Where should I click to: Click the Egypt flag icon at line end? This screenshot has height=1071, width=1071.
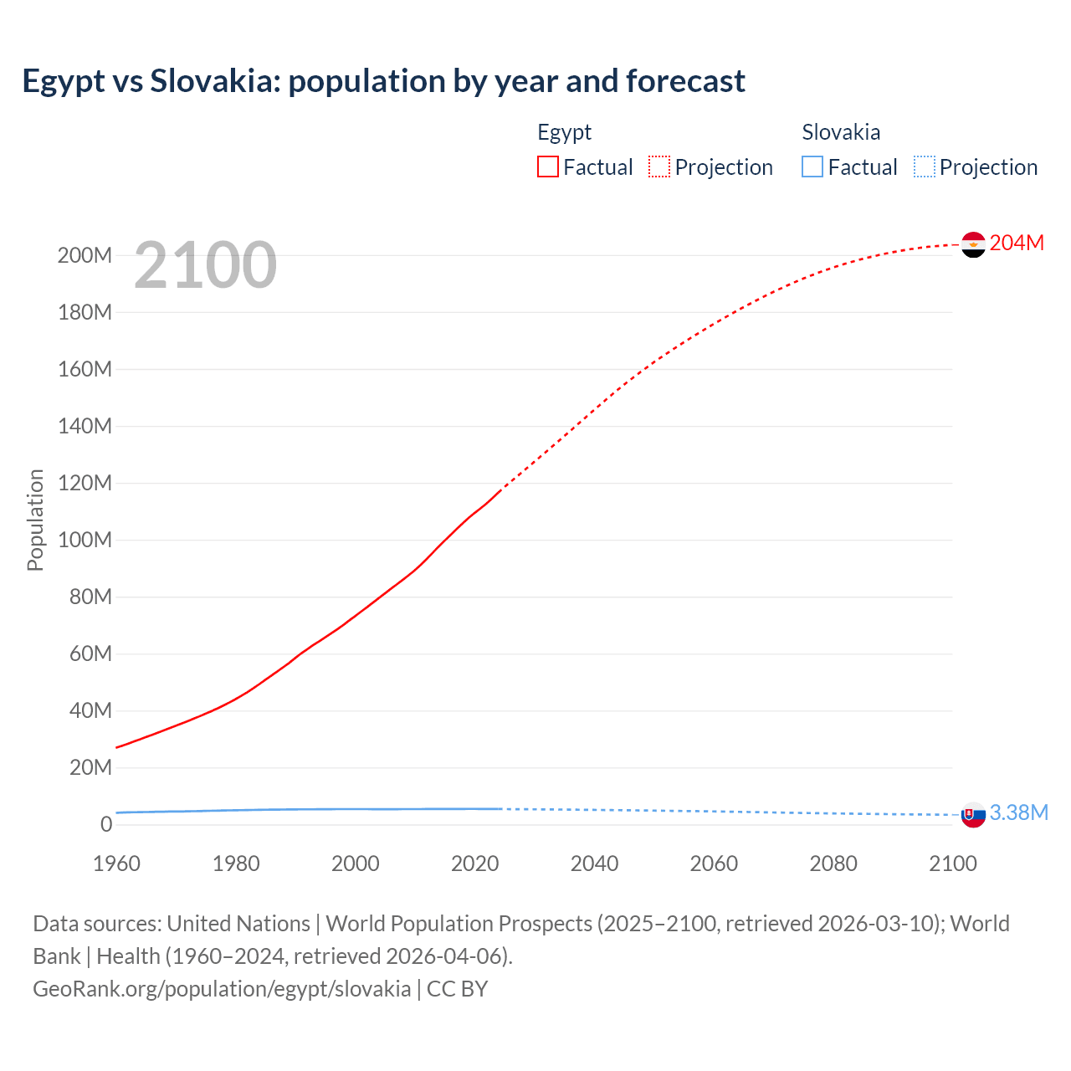(973, 244)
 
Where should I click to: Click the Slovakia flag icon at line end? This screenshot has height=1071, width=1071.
(973, 814)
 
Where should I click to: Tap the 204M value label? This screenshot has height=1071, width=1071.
(1017, 243)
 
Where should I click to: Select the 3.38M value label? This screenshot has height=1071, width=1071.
(1019, 812)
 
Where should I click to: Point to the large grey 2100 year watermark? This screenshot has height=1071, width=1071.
(205, 265)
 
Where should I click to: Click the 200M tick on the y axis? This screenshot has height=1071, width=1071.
(85, 255)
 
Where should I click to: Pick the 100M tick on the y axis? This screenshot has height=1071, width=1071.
(85, 540)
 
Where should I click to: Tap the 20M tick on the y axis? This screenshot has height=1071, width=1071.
(90, 767)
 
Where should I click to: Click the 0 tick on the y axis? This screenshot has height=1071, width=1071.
(106, 824)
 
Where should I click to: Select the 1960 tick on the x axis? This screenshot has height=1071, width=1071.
(116, 863)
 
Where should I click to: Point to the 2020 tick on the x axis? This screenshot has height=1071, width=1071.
(474, 863)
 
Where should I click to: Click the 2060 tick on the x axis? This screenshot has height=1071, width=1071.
(714, 863)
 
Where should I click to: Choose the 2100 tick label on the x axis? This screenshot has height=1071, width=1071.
(952, 863)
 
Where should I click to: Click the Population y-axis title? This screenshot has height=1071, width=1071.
(35, 520)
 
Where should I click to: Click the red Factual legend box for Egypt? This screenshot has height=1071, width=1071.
(547, 167)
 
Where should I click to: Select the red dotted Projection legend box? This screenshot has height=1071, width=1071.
(659, 167)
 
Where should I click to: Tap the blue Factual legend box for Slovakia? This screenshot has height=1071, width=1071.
(812, 167)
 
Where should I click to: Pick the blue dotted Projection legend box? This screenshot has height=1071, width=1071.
(925, 167)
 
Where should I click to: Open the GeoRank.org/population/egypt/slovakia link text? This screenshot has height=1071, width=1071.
(222, 989)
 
